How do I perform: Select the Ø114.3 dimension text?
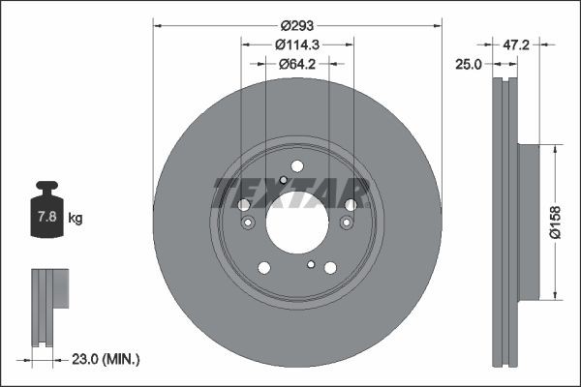tap(297, 45)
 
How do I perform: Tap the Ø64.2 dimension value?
tap(297, 65)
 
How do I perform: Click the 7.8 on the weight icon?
tap(46, 219)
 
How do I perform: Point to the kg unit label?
tap(76, 220)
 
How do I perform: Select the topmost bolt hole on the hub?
tap(297, 166)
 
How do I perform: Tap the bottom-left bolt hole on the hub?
tap(263, 268)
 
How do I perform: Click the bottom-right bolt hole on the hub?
tap(331, 268)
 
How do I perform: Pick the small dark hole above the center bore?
tap(282, 179)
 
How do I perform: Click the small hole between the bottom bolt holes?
tap(311, 264)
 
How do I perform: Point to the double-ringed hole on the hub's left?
tap(249, 223)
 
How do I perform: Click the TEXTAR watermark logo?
tap(290, 193)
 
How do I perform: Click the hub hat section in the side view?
tap(528, 221)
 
